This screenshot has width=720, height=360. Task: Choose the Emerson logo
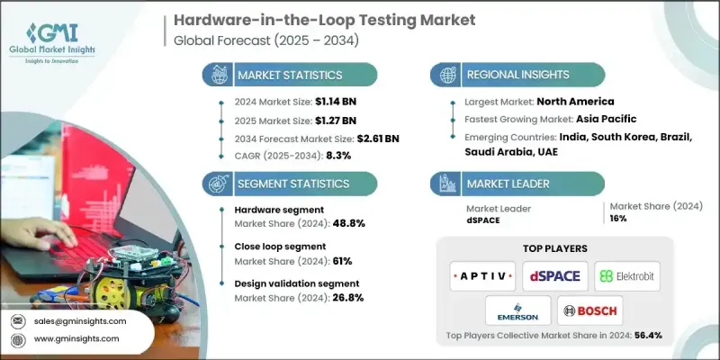(517, 311)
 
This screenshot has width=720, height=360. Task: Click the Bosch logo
(589, 311)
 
